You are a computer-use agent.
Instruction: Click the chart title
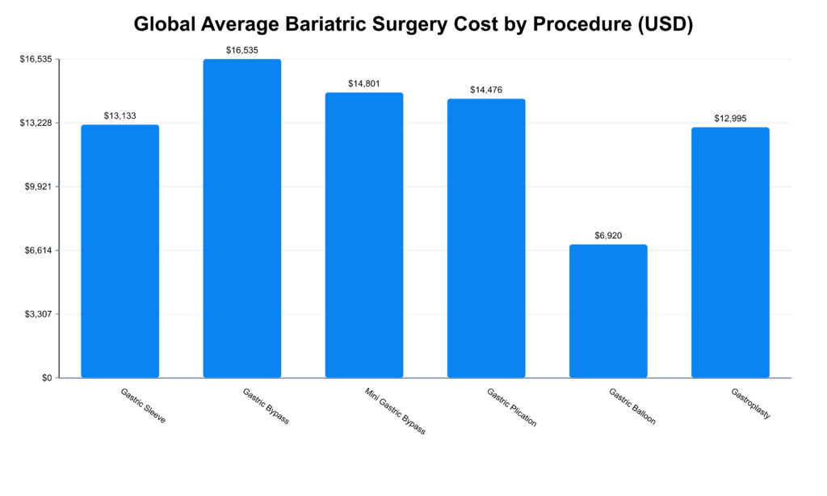coord(413,24)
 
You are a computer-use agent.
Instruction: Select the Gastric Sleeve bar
coord(120,251)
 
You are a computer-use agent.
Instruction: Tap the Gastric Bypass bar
coord(242,218)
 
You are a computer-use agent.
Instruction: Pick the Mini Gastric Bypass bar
coord(364,235)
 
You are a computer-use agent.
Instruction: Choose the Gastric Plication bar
coord(486,238)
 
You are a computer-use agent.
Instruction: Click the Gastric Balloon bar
coord(608,311)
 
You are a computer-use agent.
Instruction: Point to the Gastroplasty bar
coord(730,252)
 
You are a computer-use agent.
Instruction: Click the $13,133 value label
coord(120,116)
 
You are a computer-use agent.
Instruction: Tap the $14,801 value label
coord(364,83)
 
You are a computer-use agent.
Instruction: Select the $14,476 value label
coord(486,90)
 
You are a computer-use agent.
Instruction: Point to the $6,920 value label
coord(608,235)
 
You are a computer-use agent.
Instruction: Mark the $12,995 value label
coord(730,118)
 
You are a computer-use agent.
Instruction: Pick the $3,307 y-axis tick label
coord(36,314)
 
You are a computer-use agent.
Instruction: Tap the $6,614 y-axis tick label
coord(36,250)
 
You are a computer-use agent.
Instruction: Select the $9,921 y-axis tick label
coord(36,187)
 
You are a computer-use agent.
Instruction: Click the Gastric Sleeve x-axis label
coord(143,406)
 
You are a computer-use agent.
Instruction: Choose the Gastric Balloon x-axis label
coord(632,406)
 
